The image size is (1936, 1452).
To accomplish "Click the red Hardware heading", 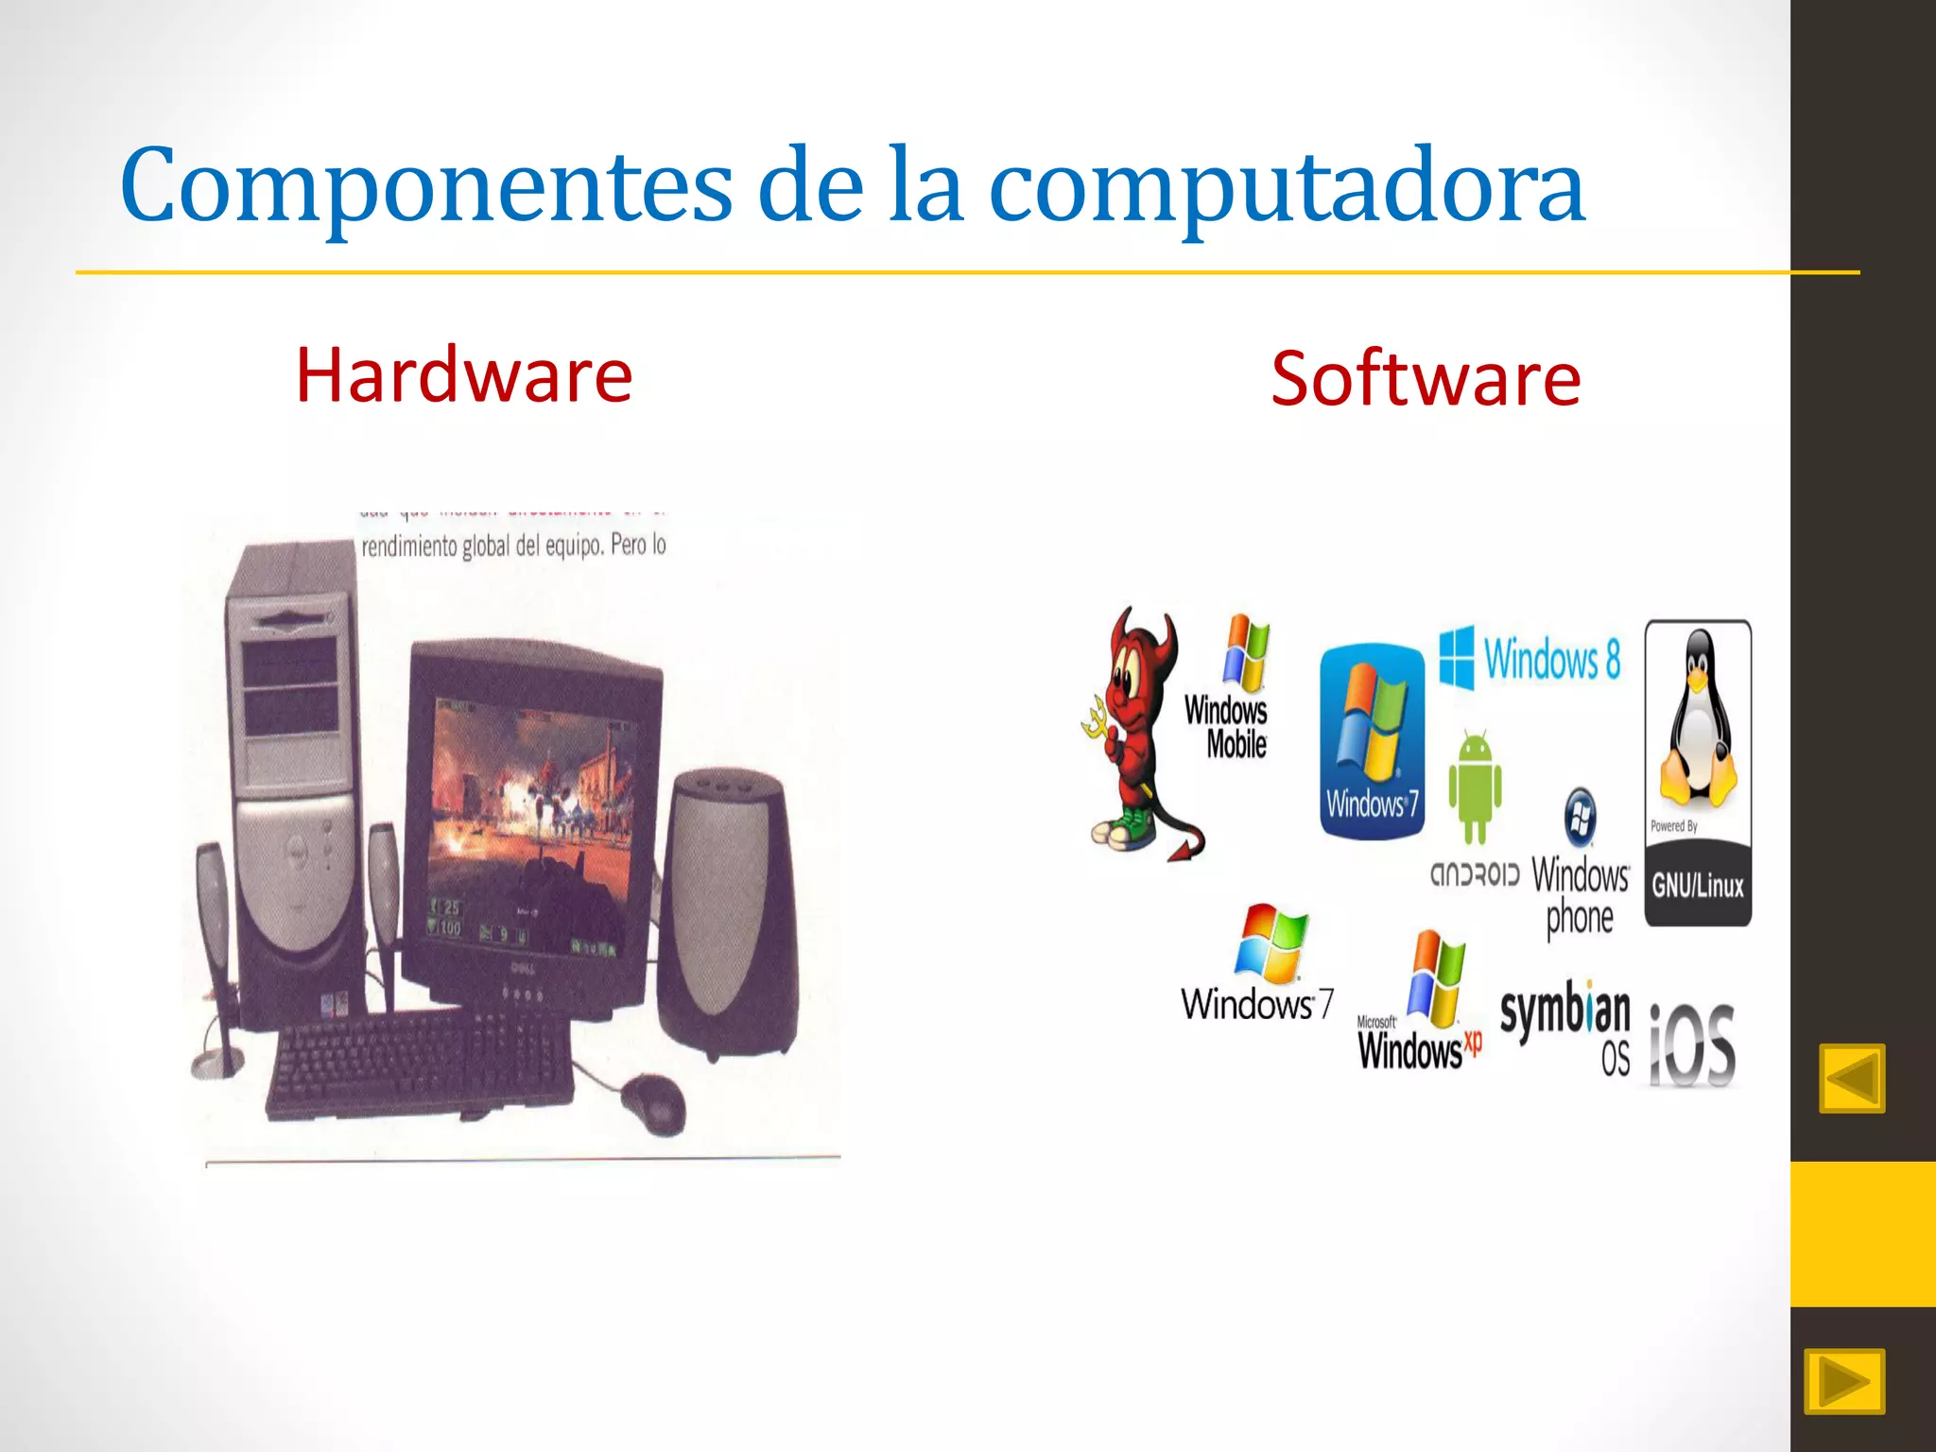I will pyautogui.click(x=463, y=375).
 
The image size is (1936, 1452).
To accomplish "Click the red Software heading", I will pyautogui.click(x=1425, y=379).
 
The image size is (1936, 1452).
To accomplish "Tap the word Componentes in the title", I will pyautogui.click(x=425, y=186).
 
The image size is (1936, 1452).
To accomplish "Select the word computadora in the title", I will pyautogui.click(x=1286, y=186).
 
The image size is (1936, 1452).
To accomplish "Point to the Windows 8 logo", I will pyautogui.click(x=1530, y=658).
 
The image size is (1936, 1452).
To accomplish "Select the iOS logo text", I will pyautogui.click(x=1692, y=1046).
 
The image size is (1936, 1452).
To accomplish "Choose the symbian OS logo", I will pyautogui.click(x=1565, y=1026).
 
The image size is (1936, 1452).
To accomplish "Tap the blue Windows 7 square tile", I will pyautogui.click(x=1372, y=741).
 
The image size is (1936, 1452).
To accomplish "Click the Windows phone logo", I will pyautogui.click(x=1580, y=865).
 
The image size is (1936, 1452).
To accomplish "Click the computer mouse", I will pyautogui.click(x=653, y=1102).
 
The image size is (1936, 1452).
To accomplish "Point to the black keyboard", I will pyautogui.click(x=421, y=1063).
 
